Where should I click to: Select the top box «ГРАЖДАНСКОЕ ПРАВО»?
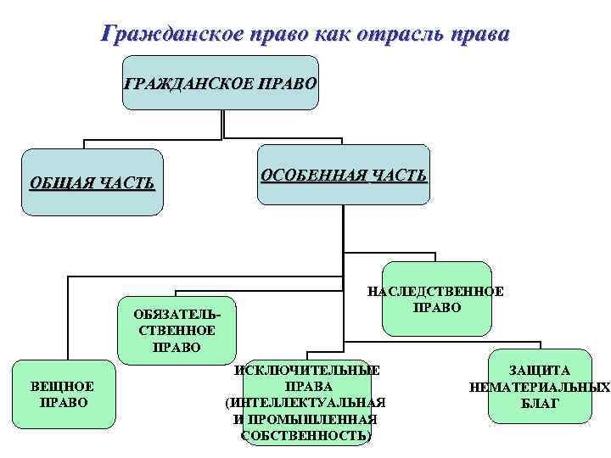point(221,84)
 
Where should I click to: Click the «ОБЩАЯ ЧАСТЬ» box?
point(92,182)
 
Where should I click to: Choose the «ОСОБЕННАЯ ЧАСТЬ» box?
point(344,175)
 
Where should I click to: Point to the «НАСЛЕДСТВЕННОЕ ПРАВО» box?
point(436,299)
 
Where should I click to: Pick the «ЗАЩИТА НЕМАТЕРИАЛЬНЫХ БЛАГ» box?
point(540,387)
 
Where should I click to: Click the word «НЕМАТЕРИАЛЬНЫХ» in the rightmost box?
point(540,388)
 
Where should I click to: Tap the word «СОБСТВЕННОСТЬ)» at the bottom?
point(306,435)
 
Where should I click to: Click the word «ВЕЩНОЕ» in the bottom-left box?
point(64,387)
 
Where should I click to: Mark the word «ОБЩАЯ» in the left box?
point(59,182)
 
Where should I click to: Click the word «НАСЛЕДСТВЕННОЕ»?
point(435,292)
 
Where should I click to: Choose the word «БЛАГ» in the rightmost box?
point(540,403)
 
